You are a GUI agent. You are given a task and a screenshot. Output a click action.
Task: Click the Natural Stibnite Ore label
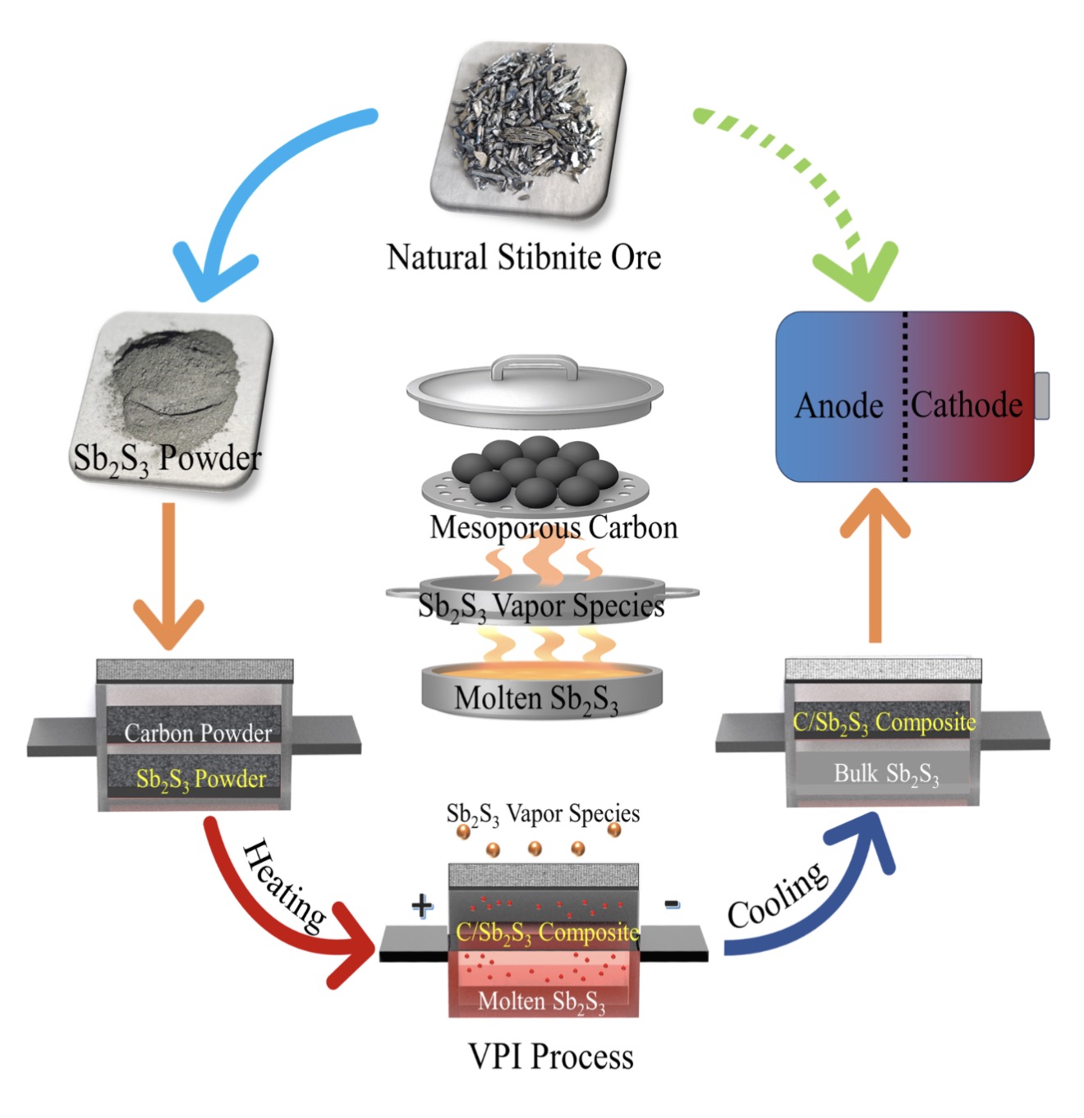point(523,257)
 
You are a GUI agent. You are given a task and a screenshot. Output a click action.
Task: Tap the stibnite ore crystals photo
point(527,131)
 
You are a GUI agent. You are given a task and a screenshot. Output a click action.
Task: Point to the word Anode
point(838,406)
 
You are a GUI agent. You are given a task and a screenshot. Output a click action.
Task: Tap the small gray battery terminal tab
point(1041,395)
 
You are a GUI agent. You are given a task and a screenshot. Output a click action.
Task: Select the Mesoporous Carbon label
point(553,527)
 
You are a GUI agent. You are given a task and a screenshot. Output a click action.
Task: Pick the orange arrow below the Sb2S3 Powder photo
point(168,575)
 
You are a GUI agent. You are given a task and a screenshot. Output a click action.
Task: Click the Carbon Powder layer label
point(197,732)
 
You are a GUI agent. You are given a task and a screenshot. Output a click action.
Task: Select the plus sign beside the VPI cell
point(421,906)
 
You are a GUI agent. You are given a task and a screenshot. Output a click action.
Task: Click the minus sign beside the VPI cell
point(672,904)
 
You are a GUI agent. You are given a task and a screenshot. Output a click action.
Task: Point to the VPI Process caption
point(550,1056)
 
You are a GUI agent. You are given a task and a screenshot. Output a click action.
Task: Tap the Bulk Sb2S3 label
point(885,774)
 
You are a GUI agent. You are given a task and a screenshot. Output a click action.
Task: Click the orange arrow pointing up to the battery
point(875,567)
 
